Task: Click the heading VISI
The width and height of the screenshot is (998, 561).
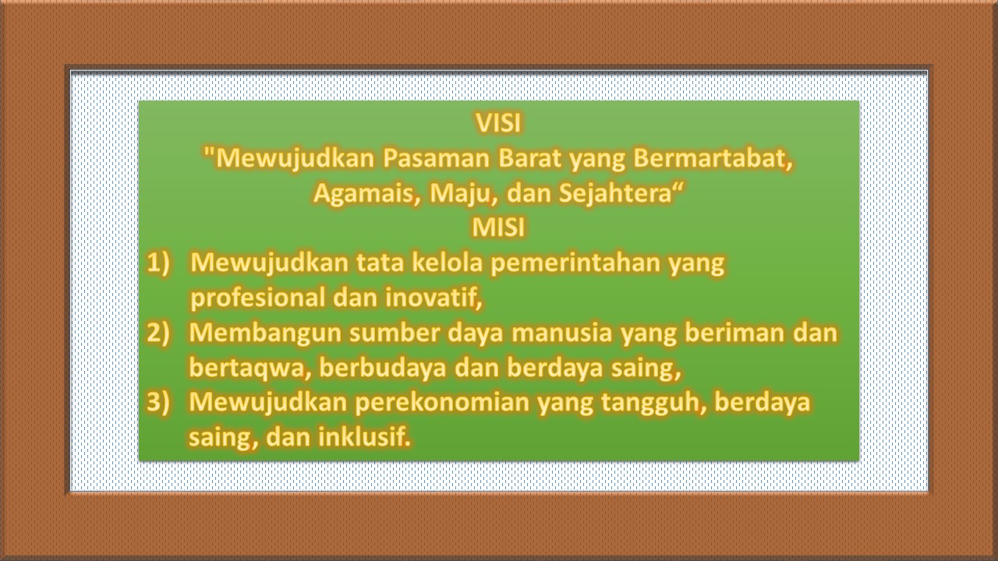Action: point(498,123)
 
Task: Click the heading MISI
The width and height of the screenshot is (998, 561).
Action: point(498,228)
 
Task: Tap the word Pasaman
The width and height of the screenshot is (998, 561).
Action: point(436,158)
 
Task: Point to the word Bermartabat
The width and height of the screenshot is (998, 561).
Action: point(709,158)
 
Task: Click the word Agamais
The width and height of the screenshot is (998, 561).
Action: point(363,194)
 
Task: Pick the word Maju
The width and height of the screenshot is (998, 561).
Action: point(459,194)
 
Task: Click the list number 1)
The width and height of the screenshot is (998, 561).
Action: point(158,263)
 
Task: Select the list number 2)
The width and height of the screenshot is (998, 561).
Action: point(158,333)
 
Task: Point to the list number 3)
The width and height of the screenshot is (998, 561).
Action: point(158,402)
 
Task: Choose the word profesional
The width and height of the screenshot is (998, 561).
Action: point(257,298)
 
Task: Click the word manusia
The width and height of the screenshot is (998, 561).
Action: point(562,333)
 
